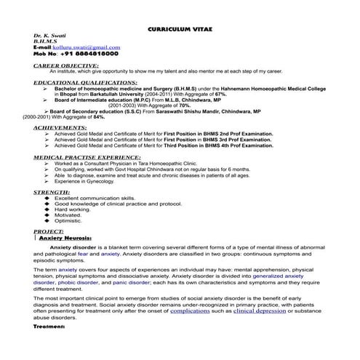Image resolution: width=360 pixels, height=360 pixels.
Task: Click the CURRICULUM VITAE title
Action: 180,24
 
